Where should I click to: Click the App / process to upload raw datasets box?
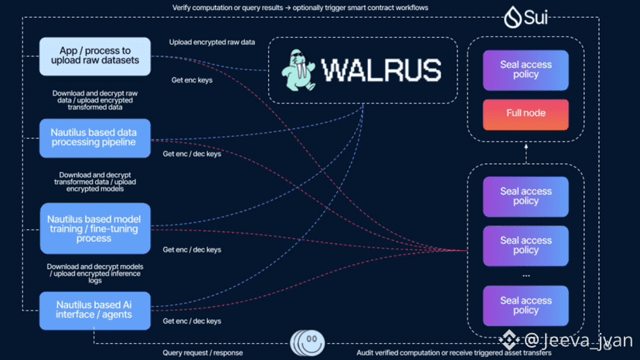95,56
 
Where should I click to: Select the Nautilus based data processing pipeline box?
95,138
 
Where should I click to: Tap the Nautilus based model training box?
95,229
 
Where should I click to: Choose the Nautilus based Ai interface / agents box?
95,311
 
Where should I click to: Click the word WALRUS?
382,70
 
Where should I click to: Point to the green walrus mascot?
298,70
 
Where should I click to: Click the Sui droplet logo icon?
512,17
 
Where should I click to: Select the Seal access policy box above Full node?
526,70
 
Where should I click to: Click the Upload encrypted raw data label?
212,42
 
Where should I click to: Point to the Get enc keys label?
192,80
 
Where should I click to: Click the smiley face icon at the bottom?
308,343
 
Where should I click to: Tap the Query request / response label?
203,352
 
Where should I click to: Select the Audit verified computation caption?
454,352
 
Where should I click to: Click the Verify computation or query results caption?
300,8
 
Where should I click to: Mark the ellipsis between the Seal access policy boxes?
526,276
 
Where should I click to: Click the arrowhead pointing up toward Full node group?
526,146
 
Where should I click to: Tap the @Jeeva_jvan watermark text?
578,341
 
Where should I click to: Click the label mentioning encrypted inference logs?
95,273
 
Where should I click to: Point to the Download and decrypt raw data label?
95,100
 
